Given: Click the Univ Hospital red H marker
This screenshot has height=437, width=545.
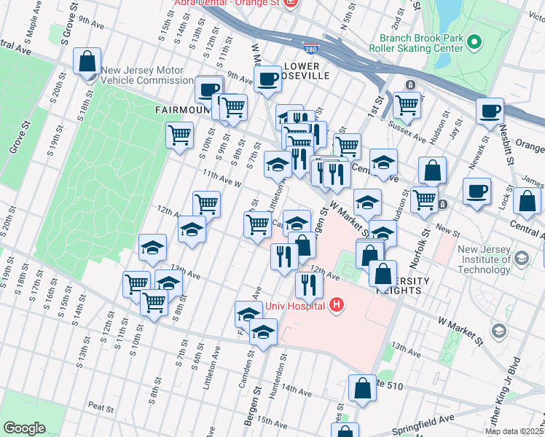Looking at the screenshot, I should (336, 304).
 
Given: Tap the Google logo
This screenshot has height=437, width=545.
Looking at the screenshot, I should (24, 428).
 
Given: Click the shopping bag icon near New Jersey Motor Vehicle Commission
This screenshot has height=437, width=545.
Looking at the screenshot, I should (87, 62).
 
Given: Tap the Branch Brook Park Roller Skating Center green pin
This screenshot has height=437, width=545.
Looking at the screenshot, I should (476, 40).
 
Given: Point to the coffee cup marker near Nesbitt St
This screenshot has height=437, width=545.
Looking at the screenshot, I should (490, 111).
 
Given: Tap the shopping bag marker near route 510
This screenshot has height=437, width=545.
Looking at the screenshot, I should (362, 388).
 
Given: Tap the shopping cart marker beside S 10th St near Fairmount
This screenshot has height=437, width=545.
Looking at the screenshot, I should (179, 134).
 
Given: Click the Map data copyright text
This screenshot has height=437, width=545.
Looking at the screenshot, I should (514, 431).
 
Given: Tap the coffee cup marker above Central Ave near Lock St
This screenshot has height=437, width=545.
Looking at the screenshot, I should (477, 191).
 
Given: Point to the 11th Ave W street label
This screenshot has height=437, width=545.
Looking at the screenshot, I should (221, 178).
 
